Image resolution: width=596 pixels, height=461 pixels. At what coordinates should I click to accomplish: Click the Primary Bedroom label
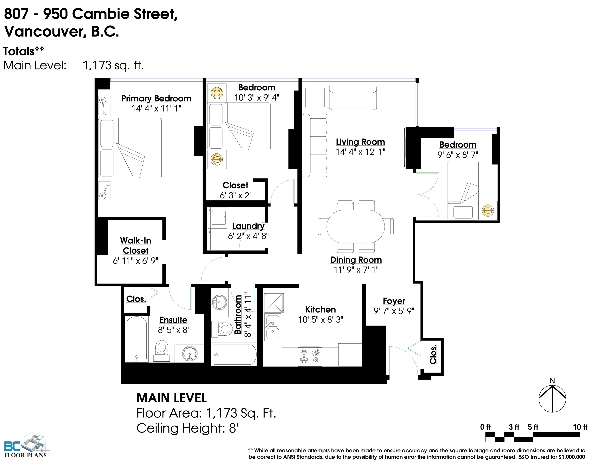[156, 98]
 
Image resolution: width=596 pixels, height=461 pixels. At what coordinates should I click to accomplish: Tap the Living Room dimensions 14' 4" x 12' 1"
[360, 152]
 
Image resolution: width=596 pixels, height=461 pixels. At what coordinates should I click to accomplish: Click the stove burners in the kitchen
[310, 356]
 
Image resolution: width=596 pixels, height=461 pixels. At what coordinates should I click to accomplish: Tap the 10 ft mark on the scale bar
[580, 427]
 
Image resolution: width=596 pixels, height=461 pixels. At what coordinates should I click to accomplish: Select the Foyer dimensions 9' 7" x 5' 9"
[394, 311]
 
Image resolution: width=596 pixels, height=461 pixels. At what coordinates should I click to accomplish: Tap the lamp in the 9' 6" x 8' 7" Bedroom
[488, 210]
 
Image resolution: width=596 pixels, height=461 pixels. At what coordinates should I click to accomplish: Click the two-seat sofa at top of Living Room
[353, 97]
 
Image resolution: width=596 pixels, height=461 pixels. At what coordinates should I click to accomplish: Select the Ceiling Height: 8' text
[187, 428]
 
